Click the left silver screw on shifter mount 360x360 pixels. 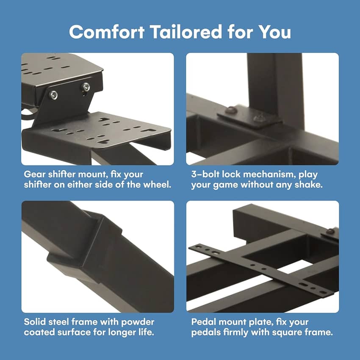click(x=54, y=95)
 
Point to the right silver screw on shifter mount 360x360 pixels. click(x=86, y=87)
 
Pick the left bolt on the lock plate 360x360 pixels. click(x=230, y=110)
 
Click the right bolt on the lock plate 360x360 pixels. click(x=258, y=118)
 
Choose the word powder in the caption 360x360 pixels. click(x=138, y=322)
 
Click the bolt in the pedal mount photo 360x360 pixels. click(x=331, y=231)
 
